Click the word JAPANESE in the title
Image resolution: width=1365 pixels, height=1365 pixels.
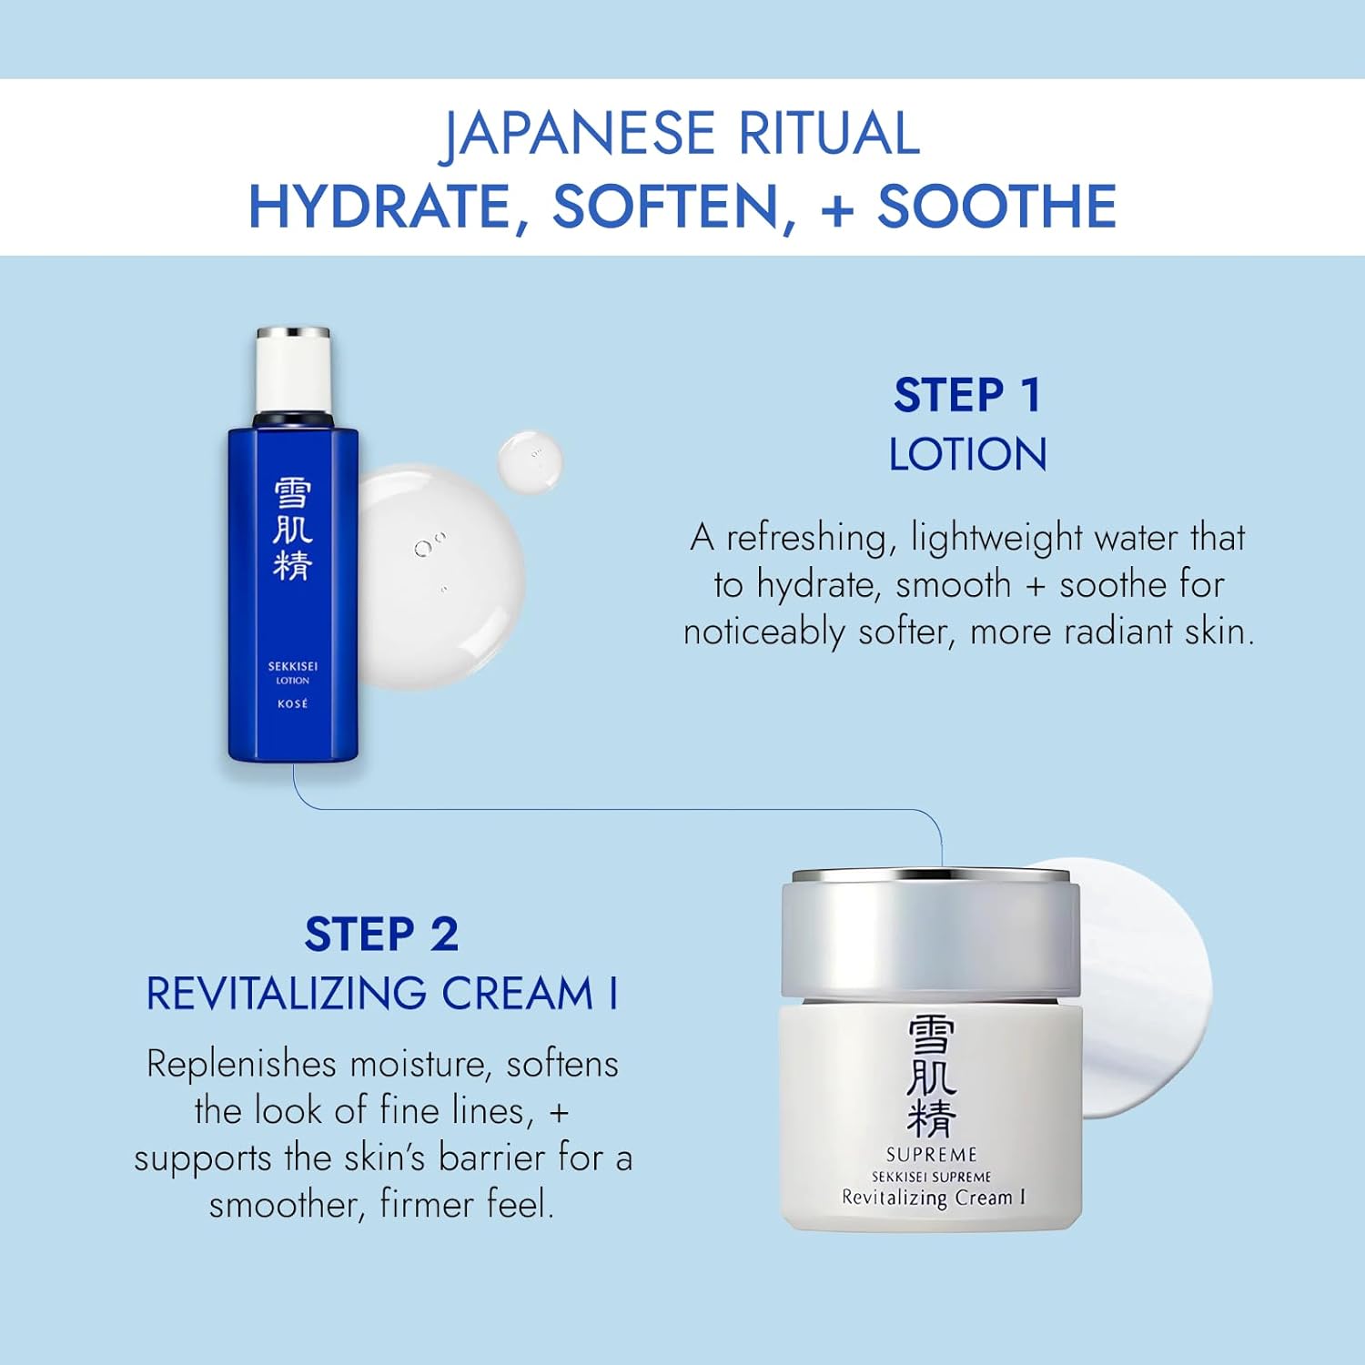(x=578, y=134)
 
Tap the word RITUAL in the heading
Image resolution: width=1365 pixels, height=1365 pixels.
(x=828, y=134)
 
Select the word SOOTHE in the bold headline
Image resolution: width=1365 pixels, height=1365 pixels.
(x=996, y=206)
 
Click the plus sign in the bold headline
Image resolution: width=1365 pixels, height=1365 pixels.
(x=837, y=207)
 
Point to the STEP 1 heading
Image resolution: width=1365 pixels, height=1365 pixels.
(x=967, y=395)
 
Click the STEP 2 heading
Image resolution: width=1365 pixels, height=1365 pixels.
(x=381, y=935)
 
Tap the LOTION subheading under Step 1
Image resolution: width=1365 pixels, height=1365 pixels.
(x=967, y=454)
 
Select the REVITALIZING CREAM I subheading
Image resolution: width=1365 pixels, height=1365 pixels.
(x=382, y=993)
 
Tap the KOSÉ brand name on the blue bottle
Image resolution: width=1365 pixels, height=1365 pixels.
(x=293, y=703)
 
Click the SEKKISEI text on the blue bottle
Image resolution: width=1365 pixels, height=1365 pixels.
(x=293, y=666)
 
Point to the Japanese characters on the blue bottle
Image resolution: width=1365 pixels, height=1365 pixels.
(x=293, y=530)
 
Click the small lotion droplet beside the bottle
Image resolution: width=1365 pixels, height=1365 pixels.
(x=530, y=462)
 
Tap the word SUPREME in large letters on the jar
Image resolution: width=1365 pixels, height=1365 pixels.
(x=932, y=1154)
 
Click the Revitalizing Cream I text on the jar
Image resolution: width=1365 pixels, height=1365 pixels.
(x=934, y=1198)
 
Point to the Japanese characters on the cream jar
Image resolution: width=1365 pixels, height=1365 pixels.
(x=932, y=1076)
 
